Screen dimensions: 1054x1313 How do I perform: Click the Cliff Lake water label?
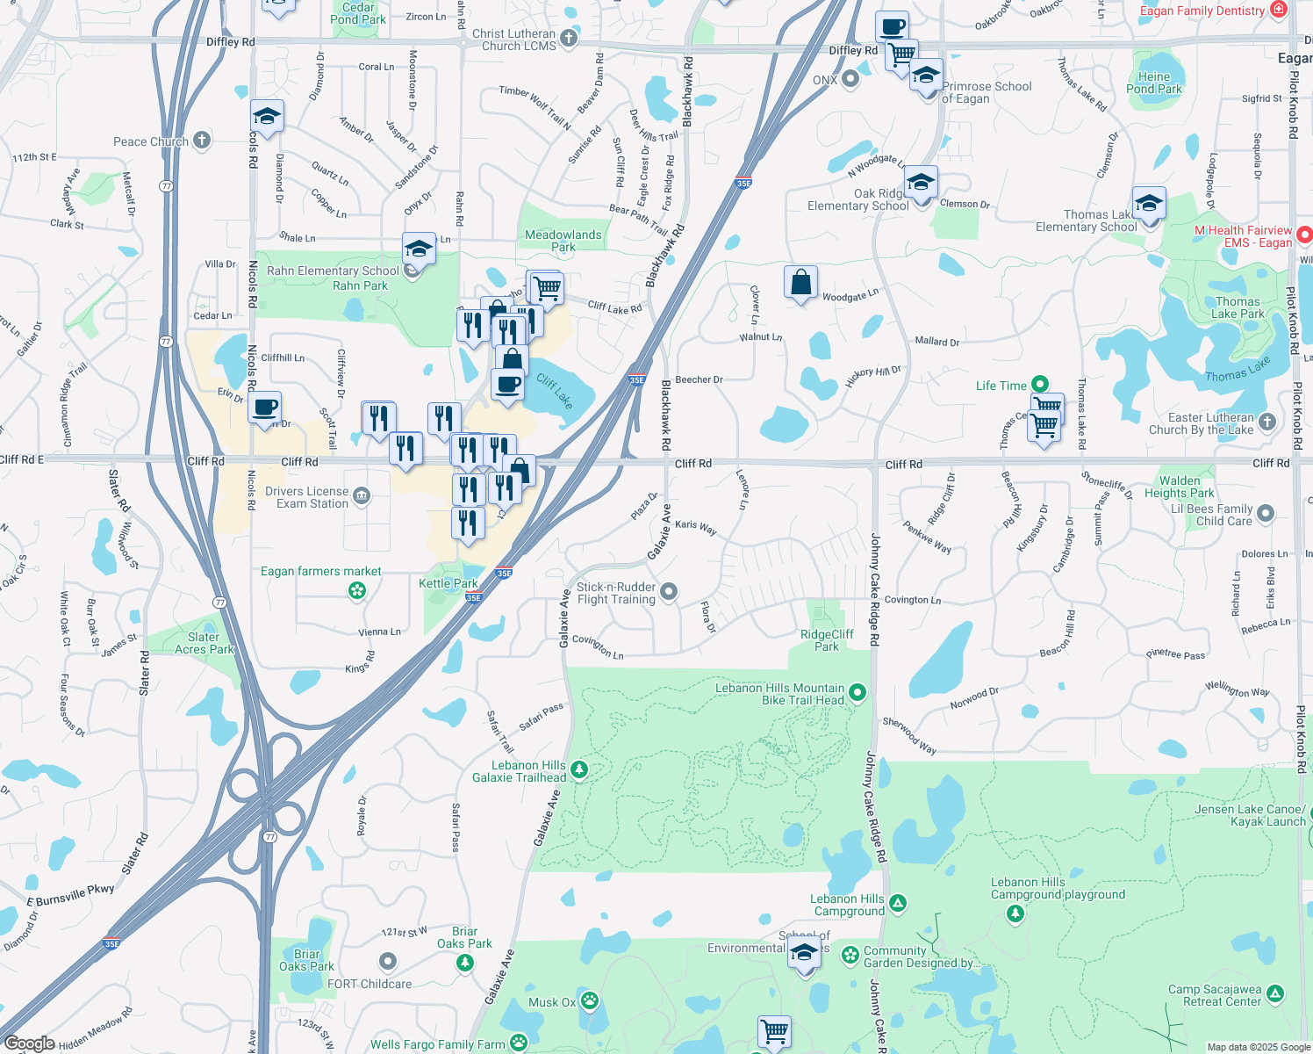[x=555, y=392]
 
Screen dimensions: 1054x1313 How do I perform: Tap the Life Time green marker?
[x=1040, y=384]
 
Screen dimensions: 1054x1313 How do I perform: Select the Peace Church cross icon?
[x=202, y=140]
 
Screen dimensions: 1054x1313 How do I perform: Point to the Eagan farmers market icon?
[x=357, y=591]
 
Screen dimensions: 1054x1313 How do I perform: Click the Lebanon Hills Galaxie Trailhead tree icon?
[x=578, y=770]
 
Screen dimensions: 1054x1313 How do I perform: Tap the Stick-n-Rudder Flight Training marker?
[x=669, y=592]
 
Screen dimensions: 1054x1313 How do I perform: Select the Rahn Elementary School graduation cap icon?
[x=419, y=250]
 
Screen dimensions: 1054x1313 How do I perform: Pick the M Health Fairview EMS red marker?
[x=1304, y=235]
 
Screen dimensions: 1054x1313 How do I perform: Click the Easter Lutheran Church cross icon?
[x=1266, y=422]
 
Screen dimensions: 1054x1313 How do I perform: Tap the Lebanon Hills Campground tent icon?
[x=897, y=903]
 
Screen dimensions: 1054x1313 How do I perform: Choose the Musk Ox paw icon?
[x=590, y=1000]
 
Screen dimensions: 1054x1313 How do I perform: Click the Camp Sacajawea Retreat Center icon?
[x=1275, y=993]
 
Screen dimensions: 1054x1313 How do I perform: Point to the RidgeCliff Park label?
[x=827, y=640]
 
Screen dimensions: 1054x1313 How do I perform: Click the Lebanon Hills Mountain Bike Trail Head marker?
[x=857, y=693]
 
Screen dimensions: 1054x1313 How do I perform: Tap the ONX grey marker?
[x=850, y=80]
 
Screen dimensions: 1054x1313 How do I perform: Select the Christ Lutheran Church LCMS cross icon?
[x=569, y=38]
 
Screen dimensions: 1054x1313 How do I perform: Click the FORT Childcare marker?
[x=388, y=962]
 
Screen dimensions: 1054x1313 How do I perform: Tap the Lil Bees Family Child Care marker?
[x=1265, y=513]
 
